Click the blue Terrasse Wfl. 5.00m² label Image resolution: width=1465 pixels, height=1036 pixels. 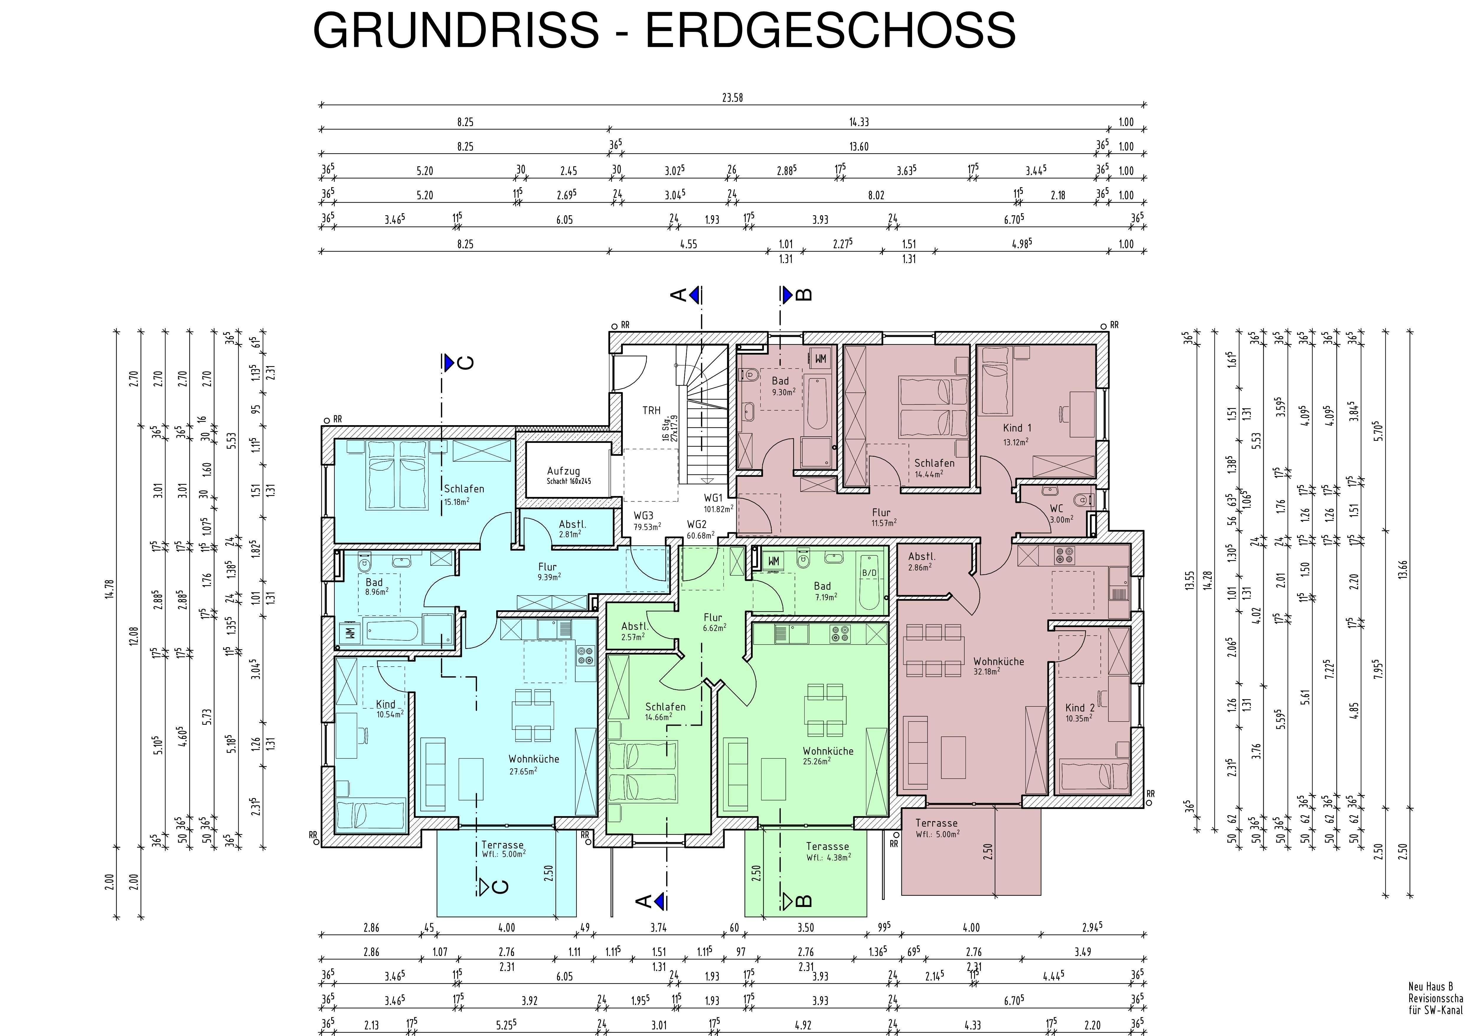point(503,849)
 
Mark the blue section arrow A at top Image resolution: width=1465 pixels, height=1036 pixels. point(695,294)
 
